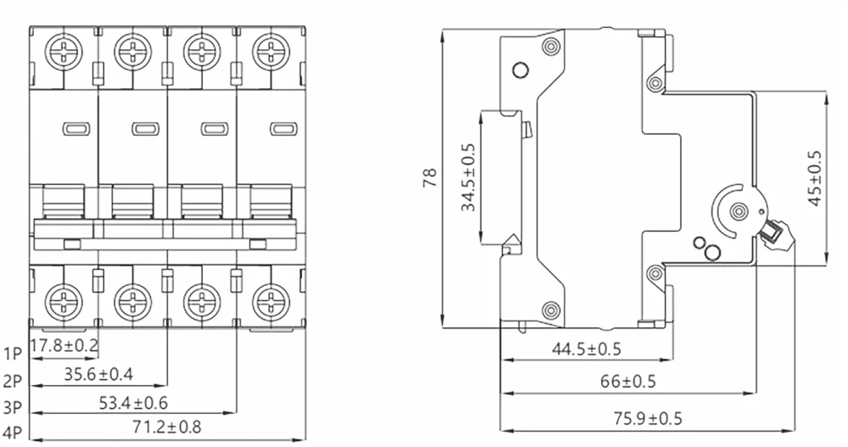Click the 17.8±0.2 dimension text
64,346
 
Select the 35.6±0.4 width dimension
98,373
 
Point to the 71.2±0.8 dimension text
167,427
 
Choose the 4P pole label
13,434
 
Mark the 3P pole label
13,408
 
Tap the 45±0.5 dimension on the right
815,179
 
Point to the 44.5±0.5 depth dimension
586,349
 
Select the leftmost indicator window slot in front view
75,129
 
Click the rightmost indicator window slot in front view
282,129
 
